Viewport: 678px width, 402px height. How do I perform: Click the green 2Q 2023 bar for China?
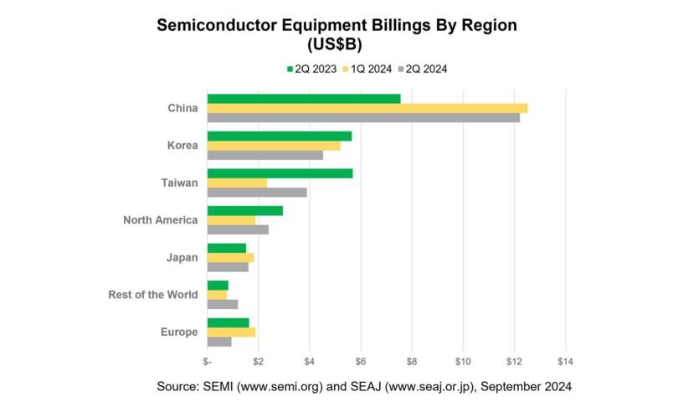pyautogui.click(x=304, y=99)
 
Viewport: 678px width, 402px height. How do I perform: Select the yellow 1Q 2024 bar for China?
pyautogui.click(x=367, y=108)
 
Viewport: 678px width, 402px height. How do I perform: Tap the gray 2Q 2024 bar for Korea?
pyautogui.click(x=265, y=155)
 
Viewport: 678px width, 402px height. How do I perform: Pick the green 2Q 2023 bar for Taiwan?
pyautogui.click(x=280, y=173)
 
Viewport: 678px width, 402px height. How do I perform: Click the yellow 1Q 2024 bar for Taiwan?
pyautogui.click(x=237, y=183)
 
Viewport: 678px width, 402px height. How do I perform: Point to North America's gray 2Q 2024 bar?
pyautogui.click(x=238, y=229)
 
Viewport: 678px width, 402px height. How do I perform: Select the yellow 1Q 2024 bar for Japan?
pyautogui.click(x=230, y=257)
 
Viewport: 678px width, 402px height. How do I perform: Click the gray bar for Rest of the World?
pyautogui.click(x=223, y=304)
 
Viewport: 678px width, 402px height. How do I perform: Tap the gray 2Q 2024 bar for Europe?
pyautogui.click(x=219, y=341)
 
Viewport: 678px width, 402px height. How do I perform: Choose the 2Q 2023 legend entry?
pyautogui.click(x=310, y=69)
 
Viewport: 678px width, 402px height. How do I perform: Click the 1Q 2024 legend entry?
pyautogui.click(x=366, y=69)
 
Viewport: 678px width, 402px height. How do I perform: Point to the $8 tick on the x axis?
pyautogui.click(x=412, y=361)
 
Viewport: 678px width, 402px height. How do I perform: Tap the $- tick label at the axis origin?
pyautogui.click(x=208, y=361)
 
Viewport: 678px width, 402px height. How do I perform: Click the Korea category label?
pyautogui.click(x=182, y=146)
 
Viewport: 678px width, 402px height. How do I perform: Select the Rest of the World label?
pyautogui.click(x=153, y=295)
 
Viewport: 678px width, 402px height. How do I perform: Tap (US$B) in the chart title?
pyautogui.click(x=338, y=44)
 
